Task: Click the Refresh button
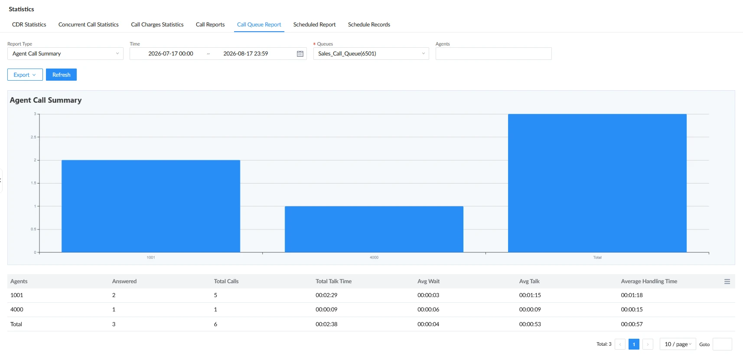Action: tap(61, 75)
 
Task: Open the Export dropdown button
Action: tap(25, 75)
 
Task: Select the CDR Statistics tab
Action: tap(29, 25)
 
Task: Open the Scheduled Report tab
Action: tap(314, 25)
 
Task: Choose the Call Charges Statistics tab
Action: tap(157, 25)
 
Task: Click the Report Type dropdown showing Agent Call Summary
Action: tap(65, 54)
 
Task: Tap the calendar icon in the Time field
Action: tap(300, 54)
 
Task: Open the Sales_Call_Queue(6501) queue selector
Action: tap(371, 54)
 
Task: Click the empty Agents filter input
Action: tap(494, 54)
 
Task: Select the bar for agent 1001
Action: tap(151, 206)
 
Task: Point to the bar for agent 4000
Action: tap(374, 229)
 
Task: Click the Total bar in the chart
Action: tap(597, 183)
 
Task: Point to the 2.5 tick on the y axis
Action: tap(33, 137)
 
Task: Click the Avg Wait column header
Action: tap(429, 281)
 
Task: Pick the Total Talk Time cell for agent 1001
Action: tap(326, 295)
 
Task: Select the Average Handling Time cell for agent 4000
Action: tap(632, 310)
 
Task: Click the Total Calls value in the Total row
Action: tap(215, 324)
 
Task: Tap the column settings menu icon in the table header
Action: tap(727, 281)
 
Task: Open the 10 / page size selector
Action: tap(678, 344)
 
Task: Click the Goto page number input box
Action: tap(722, 344)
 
